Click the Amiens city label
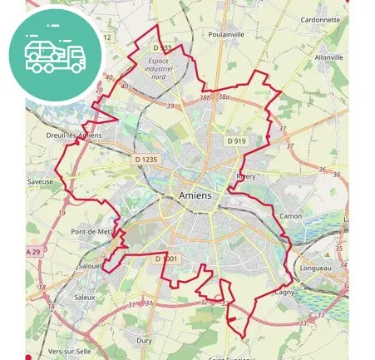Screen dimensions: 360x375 coord(195,195)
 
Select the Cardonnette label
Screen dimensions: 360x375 coord(319,18)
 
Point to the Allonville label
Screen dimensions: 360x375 coord(329,57)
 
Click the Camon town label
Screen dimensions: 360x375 coord(291,215)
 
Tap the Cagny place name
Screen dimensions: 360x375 coord(284,292)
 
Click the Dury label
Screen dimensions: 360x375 coord(144,340)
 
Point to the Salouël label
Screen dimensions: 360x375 coord(88,266)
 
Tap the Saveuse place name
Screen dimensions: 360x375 coord(40,181)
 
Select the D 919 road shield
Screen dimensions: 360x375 coord(237,141)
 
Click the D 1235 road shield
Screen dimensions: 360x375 coord(145,159)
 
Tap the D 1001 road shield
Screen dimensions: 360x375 coord(166,259)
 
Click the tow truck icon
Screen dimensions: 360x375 coord(55,54)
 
